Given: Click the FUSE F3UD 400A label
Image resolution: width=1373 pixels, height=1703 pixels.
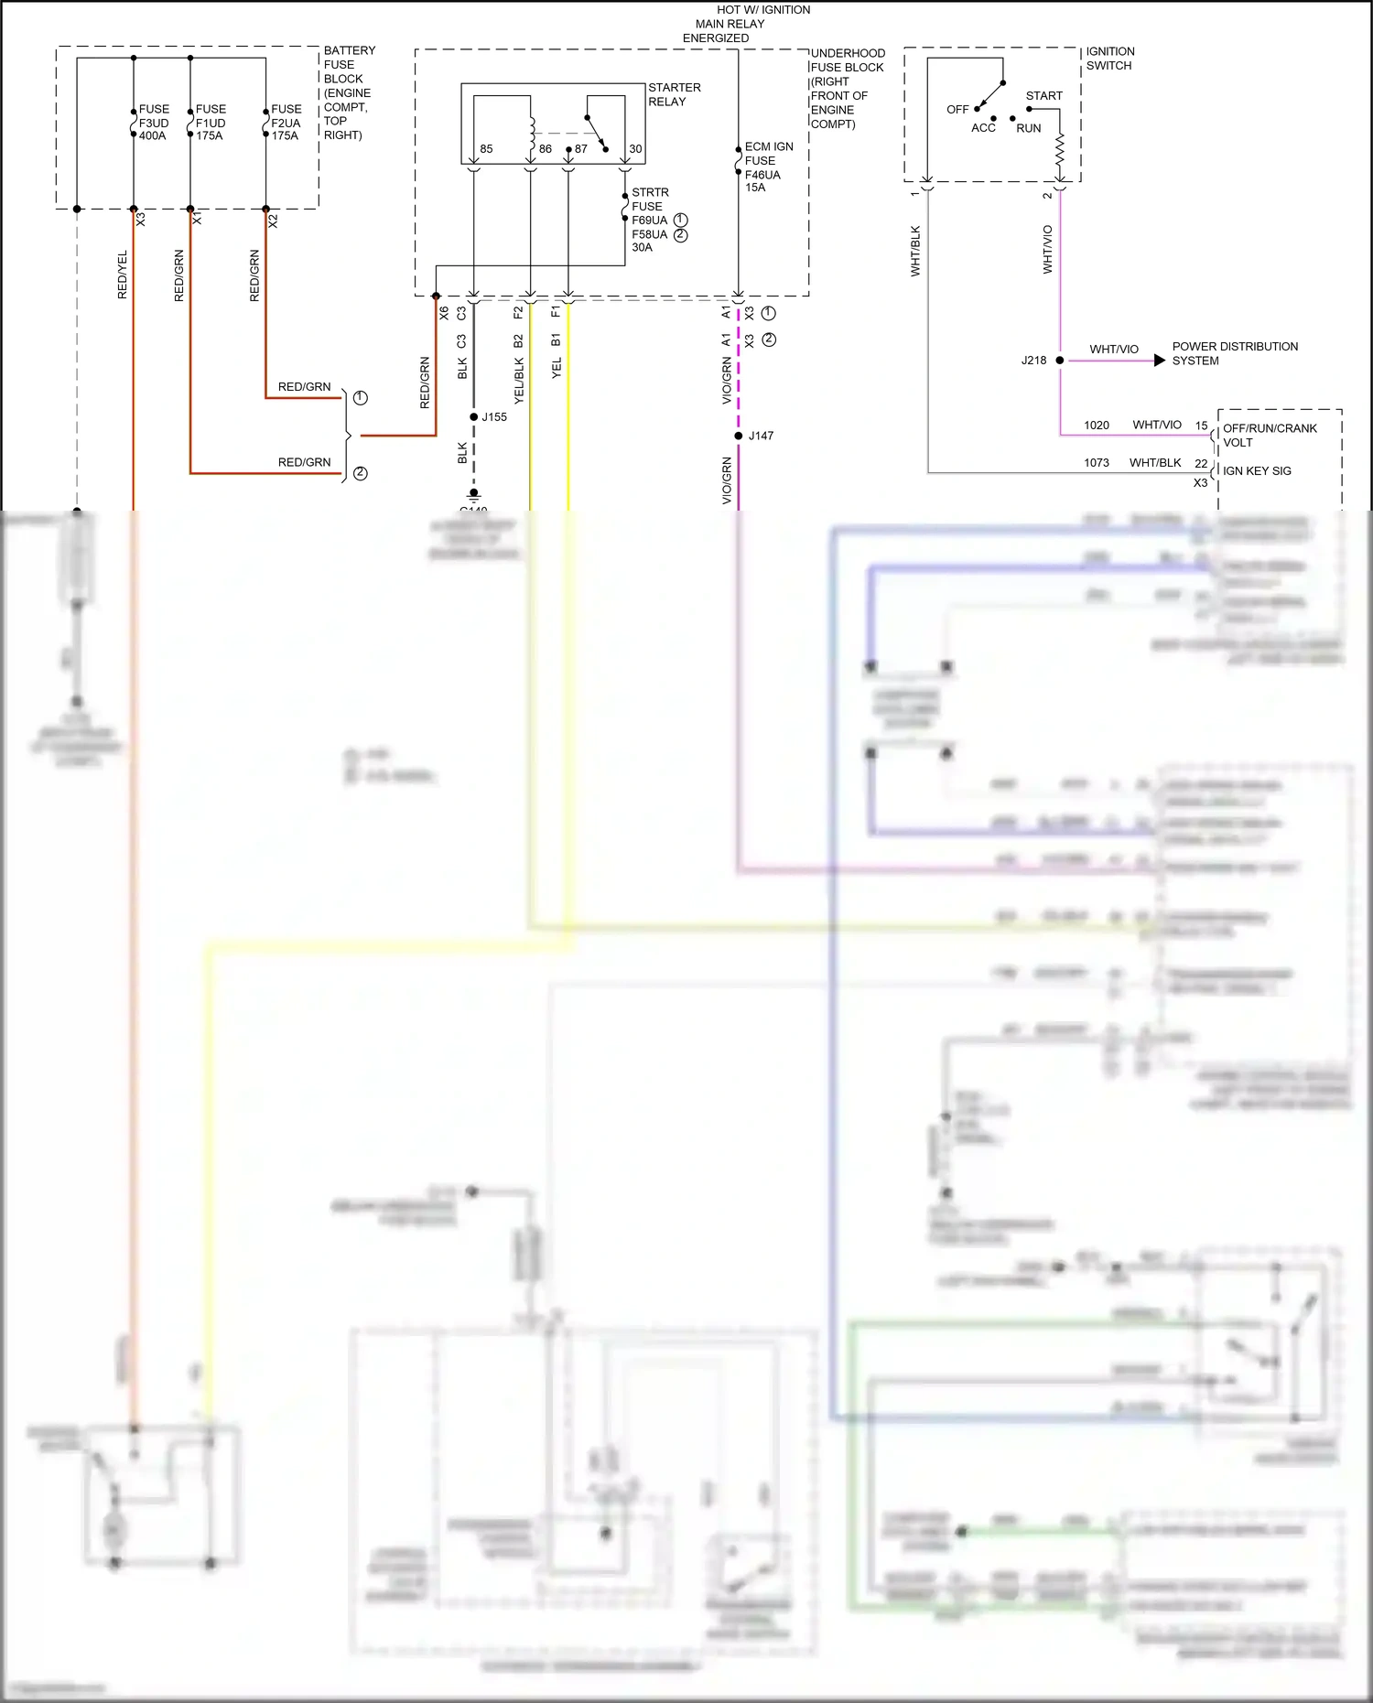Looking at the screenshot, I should point(153,123).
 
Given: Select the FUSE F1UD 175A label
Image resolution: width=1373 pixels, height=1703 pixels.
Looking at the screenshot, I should point(210,123).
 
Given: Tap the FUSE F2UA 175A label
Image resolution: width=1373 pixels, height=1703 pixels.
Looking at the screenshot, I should point(286,123).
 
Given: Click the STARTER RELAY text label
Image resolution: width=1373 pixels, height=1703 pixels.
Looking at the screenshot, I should point(674,94).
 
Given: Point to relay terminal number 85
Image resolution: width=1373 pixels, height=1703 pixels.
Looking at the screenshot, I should point(486,148).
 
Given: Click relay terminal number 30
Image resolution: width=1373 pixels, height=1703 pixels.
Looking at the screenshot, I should point(635,148).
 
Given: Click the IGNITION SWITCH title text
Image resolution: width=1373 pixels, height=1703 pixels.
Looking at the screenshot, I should point(1109,59).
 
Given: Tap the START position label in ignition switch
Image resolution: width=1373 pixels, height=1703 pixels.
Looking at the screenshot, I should point(1043,95).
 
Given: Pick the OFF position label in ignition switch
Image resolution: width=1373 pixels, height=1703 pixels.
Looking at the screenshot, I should point(957,109).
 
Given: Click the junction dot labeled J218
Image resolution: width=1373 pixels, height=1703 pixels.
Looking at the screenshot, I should point(1060,361).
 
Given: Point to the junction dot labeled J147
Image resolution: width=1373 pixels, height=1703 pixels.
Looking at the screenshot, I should point(739,436).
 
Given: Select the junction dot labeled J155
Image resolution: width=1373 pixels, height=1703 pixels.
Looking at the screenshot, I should point(473,417).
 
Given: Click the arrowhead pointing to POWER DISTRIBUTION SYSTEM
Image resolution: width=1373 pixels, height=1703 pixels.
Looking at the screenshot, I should point(1159,361).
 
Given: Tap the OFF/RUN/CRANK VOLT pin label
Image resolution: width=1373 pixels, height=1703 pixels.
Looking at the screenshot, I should point(1269,435).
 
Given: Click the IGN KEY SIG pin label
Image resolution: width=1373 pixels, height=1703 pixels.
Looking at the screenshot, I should point(1257,470).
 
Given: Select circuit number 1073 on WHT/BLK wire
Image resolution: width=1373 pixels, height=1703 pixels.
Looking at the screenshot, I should point(1096,463).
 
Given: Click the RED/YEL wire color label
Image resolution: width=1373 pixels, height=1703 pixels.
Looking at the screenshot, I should point(123,275).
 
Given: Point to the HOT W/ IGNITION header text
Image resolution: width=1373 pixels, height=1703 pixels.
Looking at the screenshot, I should point(762,10).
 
